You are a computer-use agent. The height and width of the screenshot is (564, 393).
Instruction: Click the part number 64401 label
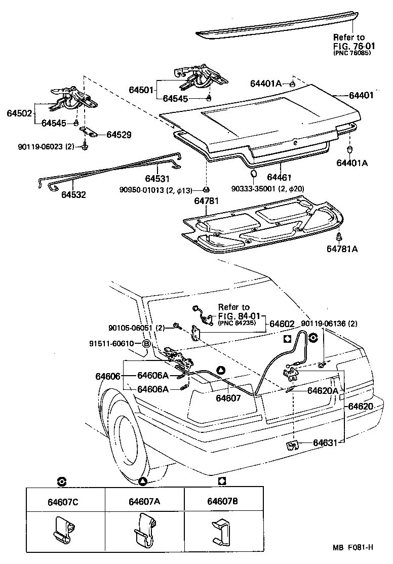[361, 95]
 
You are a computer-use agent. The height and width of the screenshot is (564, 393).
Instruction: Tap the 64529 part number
[119, 135]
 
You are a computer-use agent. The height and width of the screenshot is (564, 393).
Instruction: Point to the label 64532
[74, 194]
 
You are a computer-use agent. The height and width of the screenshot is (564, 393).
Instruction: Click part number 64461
[280, 178]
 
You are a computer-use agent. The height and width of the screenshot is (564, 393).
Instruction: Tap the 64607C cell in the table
[65, 502]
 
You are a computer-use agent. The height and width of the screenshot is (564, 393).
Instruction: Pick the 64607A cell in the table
[144, 502]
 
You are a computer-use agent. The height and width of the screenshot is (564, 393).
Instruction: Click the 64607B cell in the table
[223, 502]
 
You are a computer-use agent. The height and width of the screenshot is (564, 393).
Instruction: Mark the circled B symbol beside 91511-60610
[146, 344]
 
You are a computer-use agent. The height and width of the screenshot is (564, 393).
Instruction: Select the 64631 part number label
[325, 442]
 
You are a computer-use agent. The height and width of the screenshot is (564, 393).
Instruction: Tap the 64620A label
[324, 390]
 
